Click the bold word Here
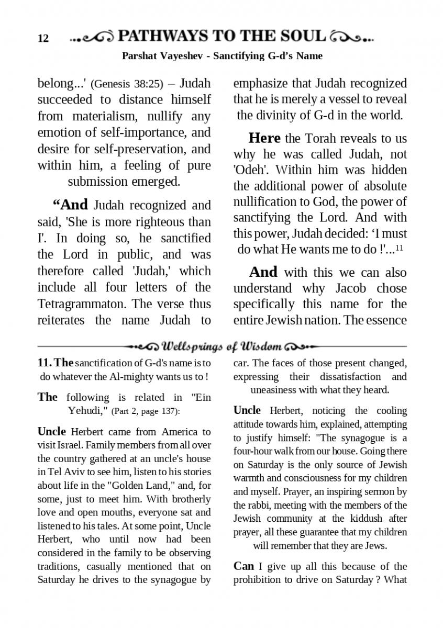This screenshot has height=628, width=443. pos(264,138)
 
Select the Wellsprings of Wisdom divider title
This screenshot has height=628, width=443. pos(223,346)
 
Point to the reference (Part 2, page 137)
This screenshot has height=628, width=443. pos(143,411)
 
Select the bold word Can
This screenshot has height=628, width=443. pos(243,566)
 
